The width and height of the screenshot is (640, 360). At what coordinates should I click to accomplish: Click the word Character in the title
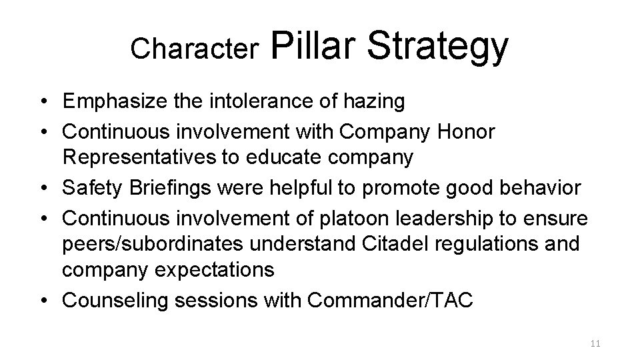point(195,48)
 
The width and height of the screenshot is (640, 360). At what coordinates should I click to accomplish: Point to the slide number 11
point(595,343)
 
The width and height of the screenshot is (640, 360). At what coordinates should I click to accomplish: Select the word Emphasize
point(115,102)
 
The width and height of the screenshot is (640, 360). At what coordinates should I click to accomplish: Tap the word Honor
point(466,132)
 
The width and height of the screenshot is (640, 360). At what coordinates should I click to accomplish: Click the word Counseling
point(114,300)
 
